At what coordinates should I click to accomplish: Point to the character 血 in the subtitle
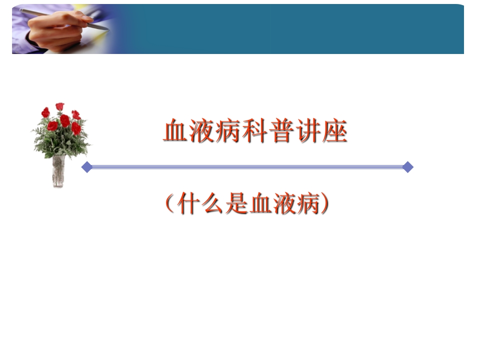pos(261,204)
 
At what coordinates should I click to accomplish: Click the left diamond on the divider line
pos(87,167)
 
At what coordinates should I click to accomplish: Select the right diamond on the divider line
pos(407,167)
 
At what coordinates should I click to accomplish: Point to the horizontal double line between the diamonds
pos(247,167)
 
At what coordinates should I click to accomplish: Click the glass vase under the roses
pos(59,171)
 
